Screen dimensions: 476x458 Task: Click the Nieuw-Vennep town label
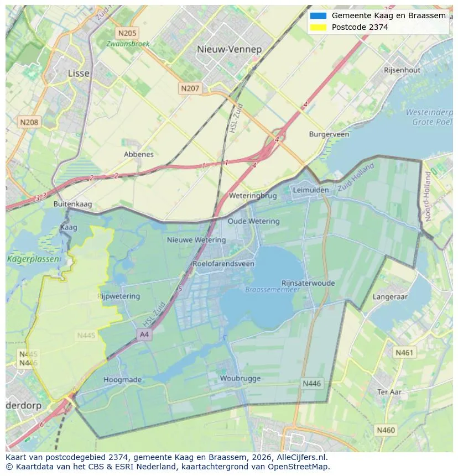(229, 49)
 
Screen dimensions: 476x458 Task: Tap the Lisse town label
(79, 73)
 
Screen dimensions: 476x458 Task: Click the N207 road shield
(190, 88)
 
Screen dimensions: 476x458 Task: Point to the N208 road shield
(29, 122)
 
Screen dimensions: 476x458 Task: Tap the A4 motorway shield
(144, 334)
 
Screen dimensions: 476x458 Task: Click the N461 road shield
(404, 352)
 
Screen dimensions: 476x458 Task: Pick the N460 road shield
(386, 430)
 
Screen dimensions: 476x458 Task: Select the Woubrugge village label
(240, 379)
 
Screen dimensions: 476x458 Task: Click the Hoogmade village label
(123, 380)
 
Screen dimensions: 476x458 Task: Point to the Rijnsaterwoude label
(308, 283)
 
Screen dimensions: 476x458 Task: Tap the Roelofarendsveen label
(223, 264)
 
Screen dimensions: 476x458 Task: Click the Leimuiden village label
(310, 190)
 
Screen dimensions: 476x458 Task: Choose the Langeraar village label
(390, 297)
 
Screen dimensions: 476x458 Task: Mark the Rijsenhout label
(402, 70)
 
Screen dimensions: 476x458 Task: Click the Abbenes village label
(139, 154)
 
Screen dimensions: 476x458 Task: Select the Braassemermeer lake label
(272, 289)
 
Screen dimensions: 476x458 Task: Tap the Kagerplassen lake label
(25, 259)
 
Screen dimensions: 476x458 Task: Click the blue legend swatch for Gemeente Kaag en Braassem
(319, 15)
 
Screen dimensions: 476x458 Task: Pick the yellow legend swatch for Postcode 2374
(319, 27)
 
